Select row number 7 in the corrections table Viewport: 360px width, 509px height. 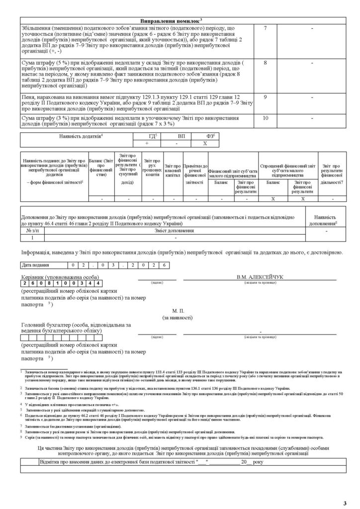266,27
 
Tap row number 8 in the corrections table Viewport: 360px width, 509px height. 266,63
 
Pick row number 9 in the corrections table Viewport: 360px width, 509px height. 266,97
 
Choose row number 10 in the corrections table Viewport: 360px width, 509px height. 266,118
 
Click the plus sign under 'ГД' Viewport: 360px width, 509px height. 147,143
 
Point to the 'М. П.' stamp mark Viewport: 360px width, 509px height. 178,310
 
